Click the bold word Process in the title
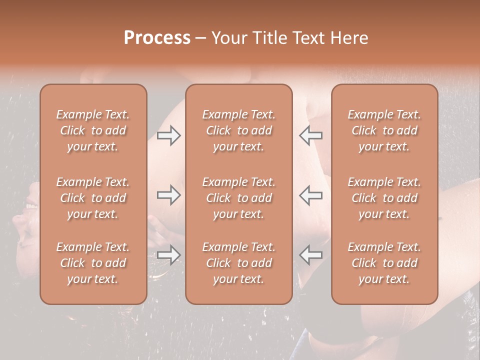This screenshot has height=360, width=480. pos(157,38)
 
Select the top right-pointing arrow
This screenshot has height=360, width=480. pos(168,135)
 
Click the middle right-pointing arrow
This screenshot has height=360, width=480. pos(168,195)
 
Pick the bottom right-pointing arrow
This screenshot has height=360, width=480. pos(168,255)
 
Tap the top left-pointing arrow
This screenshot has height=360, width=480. pos(310,135)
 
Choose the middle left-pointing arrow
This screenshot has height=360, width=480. pos(310,195)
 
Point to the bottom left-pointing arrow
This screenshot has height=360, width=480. pos(310,255)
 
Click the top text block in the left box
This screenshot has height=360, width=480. pos(93,130)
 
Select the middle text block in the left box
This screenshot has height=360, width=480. pos(93,198)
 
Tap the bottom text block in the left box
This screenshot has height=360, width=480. pos(93,263)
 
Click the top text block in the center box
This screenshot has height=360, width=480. pos(239,130)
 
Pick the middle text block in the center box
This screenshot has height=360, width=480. pos(239,198)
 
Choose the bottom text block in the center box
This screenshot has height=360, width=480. pos(239,263)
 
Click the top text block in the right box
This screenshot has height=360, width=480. pos(384,130)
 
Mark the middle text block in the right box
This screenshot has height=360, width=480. pos(384,198)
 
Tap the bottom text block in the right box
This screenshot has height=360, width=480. pos(384,263)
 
